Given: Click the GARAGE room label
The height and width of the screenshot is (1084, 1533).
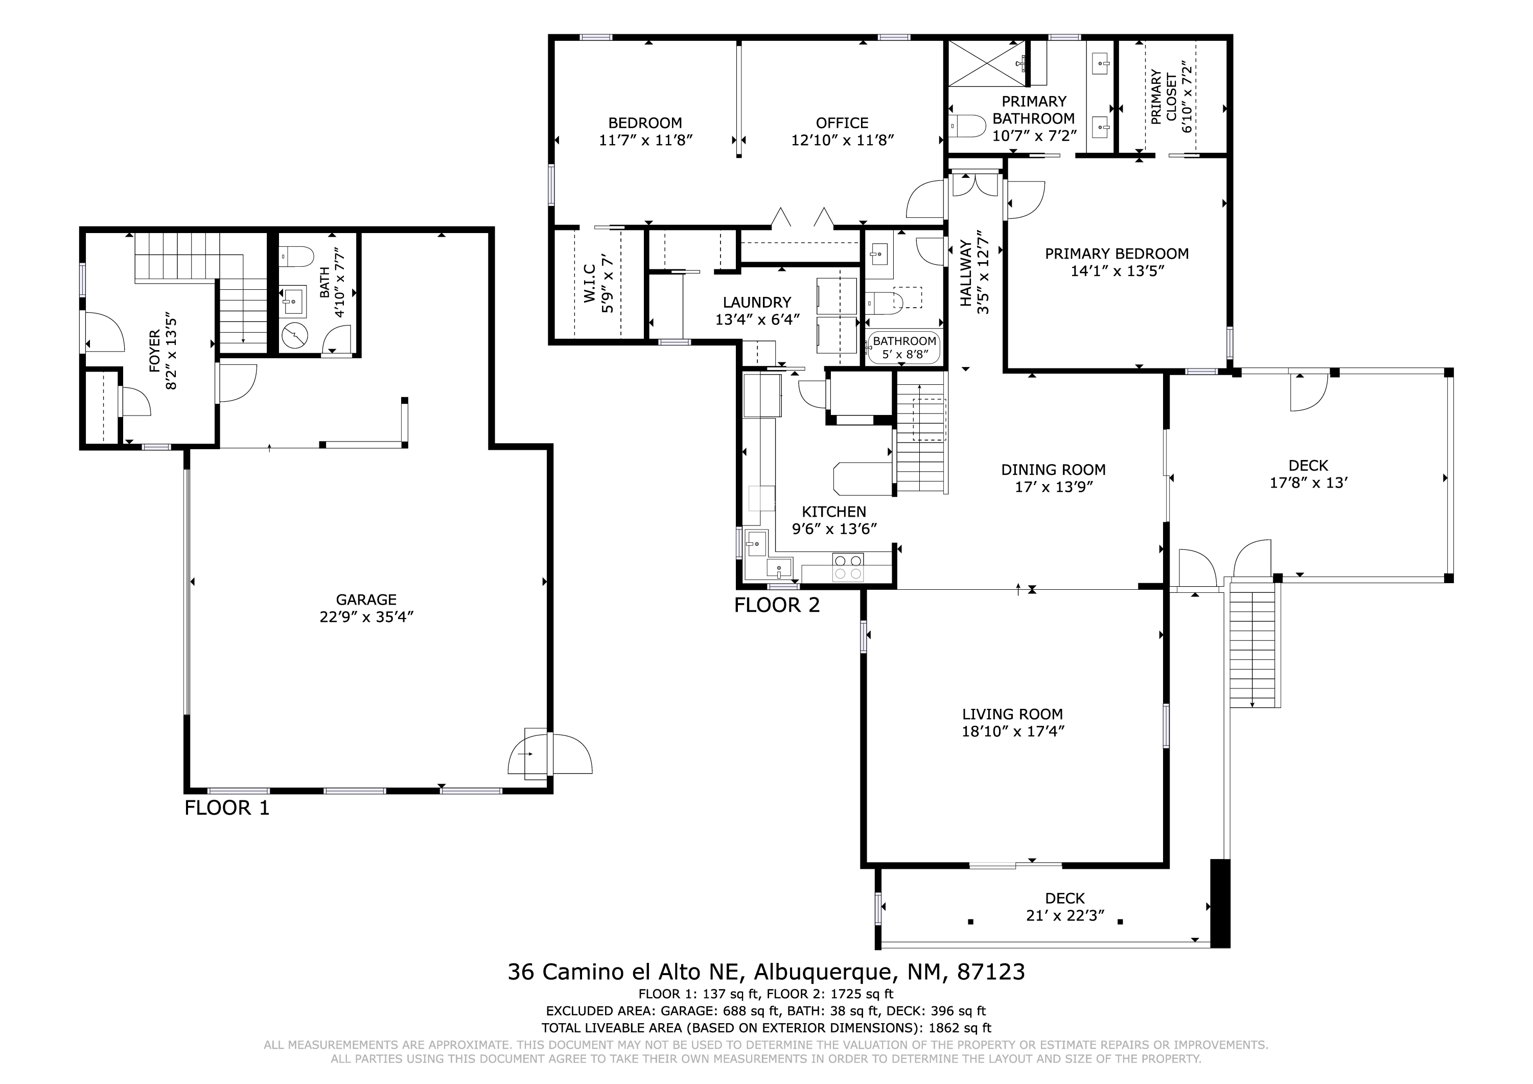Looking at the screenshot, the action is pos(366,600).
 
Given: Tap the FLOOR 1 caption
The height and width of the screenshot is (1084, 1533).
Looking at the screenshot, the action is pos(227,808).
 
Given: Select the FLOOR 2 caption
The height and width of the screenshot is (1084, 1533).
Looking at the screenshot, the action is pos(777,605).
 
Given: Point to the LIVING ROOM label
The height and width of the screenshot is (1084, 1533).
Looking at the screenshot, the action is pos(1012,714).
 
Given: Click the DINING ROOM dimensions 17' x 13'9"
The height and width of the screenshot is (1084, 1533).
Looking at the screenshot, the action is pos(1054,487).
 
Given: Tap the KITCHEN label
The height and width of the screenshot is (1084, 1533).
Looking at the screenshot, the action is pos(834,512).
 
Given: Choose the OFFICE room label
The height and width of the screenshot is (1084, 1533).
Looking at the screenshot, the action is pos(842,123).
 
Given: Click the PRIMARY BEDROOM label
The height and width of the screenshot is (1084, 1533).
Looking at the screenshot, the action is pos(1117,254).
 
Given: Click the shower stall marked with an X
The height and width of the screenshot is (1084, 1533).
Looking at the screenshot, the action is pos(987,63).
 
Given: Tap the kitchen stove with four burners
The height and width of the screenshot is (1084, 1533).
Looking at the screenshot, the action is pos(848,567).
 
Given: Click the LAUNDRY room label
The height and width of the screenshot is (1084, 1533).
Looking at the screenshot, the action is pos(757,303).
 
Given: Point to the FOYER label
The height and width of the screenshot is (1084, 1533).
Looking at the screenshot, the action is pos(154,351).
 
